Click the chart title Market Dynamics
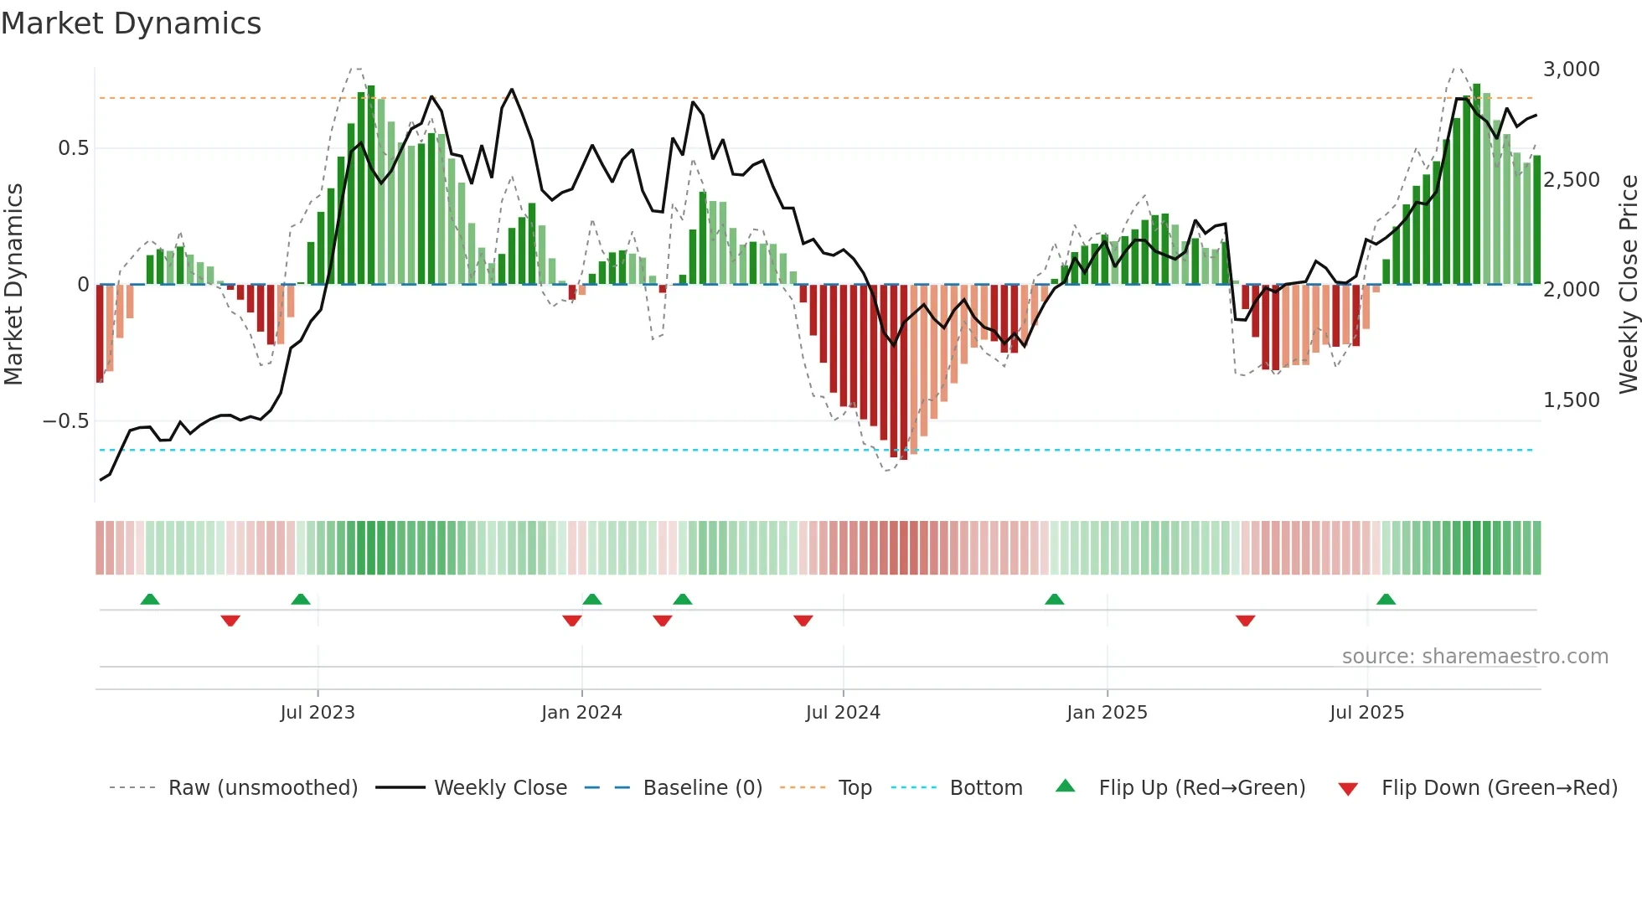click(x=131, y=23)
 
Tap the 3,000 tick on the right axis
click(x=1571, y=70)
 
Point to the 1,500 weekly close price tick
click(x=1571, y=400)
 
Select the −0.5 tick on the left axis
click(x=65, y=420)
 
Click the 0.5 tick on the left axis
click(x=73, y=148)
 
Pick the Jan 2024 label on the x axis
click(x=581, y=713)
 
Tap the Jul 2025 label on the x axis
click(x=1366, y=713)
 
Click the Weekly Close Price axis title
click(x=1628, y=284)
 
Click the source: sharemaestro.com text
click(x=1474, y=657)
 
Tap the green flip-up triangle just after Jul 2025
click(x=1386, y=600)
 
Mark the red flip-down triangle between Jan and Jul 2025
click(x=1245, y=621)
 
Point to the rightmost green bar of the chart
click(x=1536, y=219)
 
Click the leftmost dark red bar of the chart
click(x=100, y=333)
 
